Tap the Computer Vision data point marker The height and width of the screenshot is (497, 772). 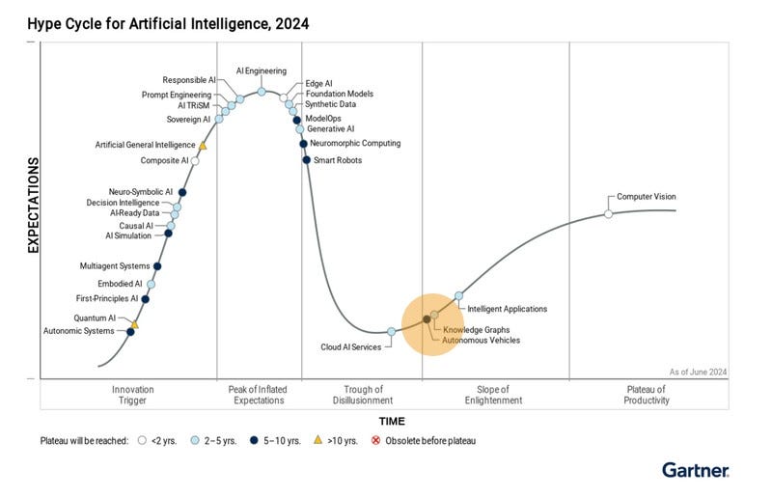(x=608, y=213)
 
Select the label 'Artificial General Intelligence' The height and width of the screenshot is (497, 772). (x=145, y=145)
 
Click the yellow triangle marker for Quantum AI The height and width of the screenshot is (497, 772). (x=135, y=324)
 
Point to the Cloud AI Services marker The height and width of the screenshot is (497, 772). (x=391, y=331)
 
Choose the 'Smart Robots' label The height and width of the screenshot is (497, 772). (x=336, y=160)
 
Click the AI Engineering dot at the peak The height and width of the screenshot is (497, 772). (x=262, y=91)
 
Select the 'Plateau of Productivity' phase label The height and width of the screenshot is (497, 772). (x=647, y=394)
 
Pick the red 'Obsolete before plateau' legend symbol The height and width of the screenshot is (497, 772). (x=377, y=441)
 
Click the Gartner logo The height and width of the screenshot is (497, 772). (x=695, y=470)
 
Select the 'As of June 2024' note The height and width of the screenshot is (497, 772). (x=698, y=372)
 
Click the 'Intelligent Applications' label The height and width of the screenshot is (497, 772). (x=508, y=309)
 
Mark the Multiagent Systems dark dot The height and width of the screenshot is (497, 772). (x=157, y=265)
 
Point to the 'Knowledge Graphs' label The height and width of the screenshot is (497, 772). (x=477, y=329)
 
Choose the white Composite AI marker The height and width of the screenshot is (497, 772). (x=195, y=161)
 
